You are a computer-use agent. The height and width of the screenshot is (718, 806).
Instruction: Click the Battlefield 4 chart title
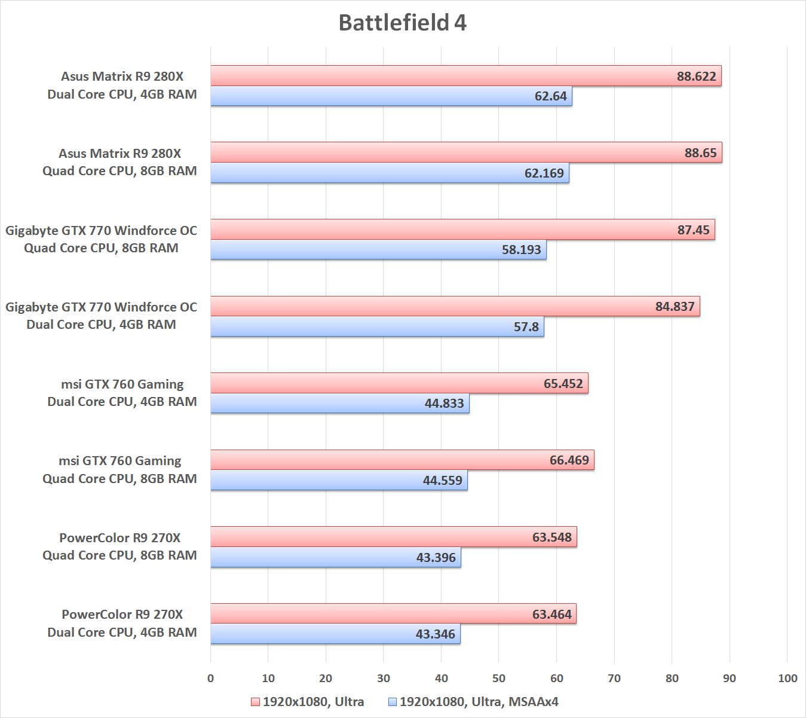point(402,23)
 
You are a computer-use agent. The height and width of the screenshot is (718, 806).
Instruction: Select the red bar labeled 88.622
point(465,76)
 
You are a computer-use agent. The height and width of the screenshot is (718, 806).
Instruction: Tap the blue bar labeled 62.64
point(391,96)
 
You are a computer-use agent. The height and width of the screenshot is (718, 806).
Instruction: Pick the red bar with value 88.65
point(466,152)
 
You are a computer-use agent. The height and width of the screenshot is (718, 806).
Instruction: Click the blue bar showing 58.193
point(378,250)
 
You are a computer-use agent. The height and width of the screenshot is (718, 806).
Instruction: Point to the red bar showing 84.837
point(455,306)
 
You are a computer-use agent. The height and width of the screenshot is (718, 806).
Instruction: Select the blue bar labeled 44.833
point(339,404)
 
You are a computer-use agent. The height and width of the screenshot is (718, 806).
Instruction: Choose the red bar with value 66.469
point(402,460)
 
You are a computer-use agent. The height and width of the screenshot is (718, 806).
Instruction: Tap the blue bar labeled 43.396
point(335,557)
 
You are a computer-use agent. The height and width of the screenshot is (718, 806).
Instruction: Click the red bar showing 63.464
point(393,614)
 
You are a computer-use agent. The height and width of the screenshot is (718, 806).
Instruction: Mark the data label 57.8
point(526,327)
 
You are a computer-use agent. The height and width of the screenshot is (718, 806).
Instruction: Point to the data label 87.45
point(694,230)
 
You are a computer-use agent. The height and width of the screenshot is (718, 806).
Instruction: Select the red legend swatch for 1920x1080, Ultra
point(255,702)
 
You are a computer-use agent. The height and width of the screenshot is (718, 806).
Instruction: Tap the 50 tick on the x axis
point(499,678)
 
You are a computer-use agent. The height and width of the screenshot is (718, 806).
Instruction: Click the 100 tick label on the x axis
point(787,678)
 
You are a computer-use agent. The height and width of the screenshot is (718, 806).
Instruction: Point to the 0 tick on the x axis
point(210,678)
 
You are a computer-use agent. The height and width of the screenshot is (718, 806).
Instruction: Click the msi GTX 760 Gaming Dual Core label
point(122,393)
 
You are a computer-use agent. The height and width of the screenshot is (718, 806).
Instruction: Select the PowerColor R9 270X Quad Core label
point(119,546)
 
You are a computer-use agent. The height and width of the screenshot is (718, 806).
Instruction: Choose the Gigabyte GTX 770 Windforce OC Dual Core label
point(101,316)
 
